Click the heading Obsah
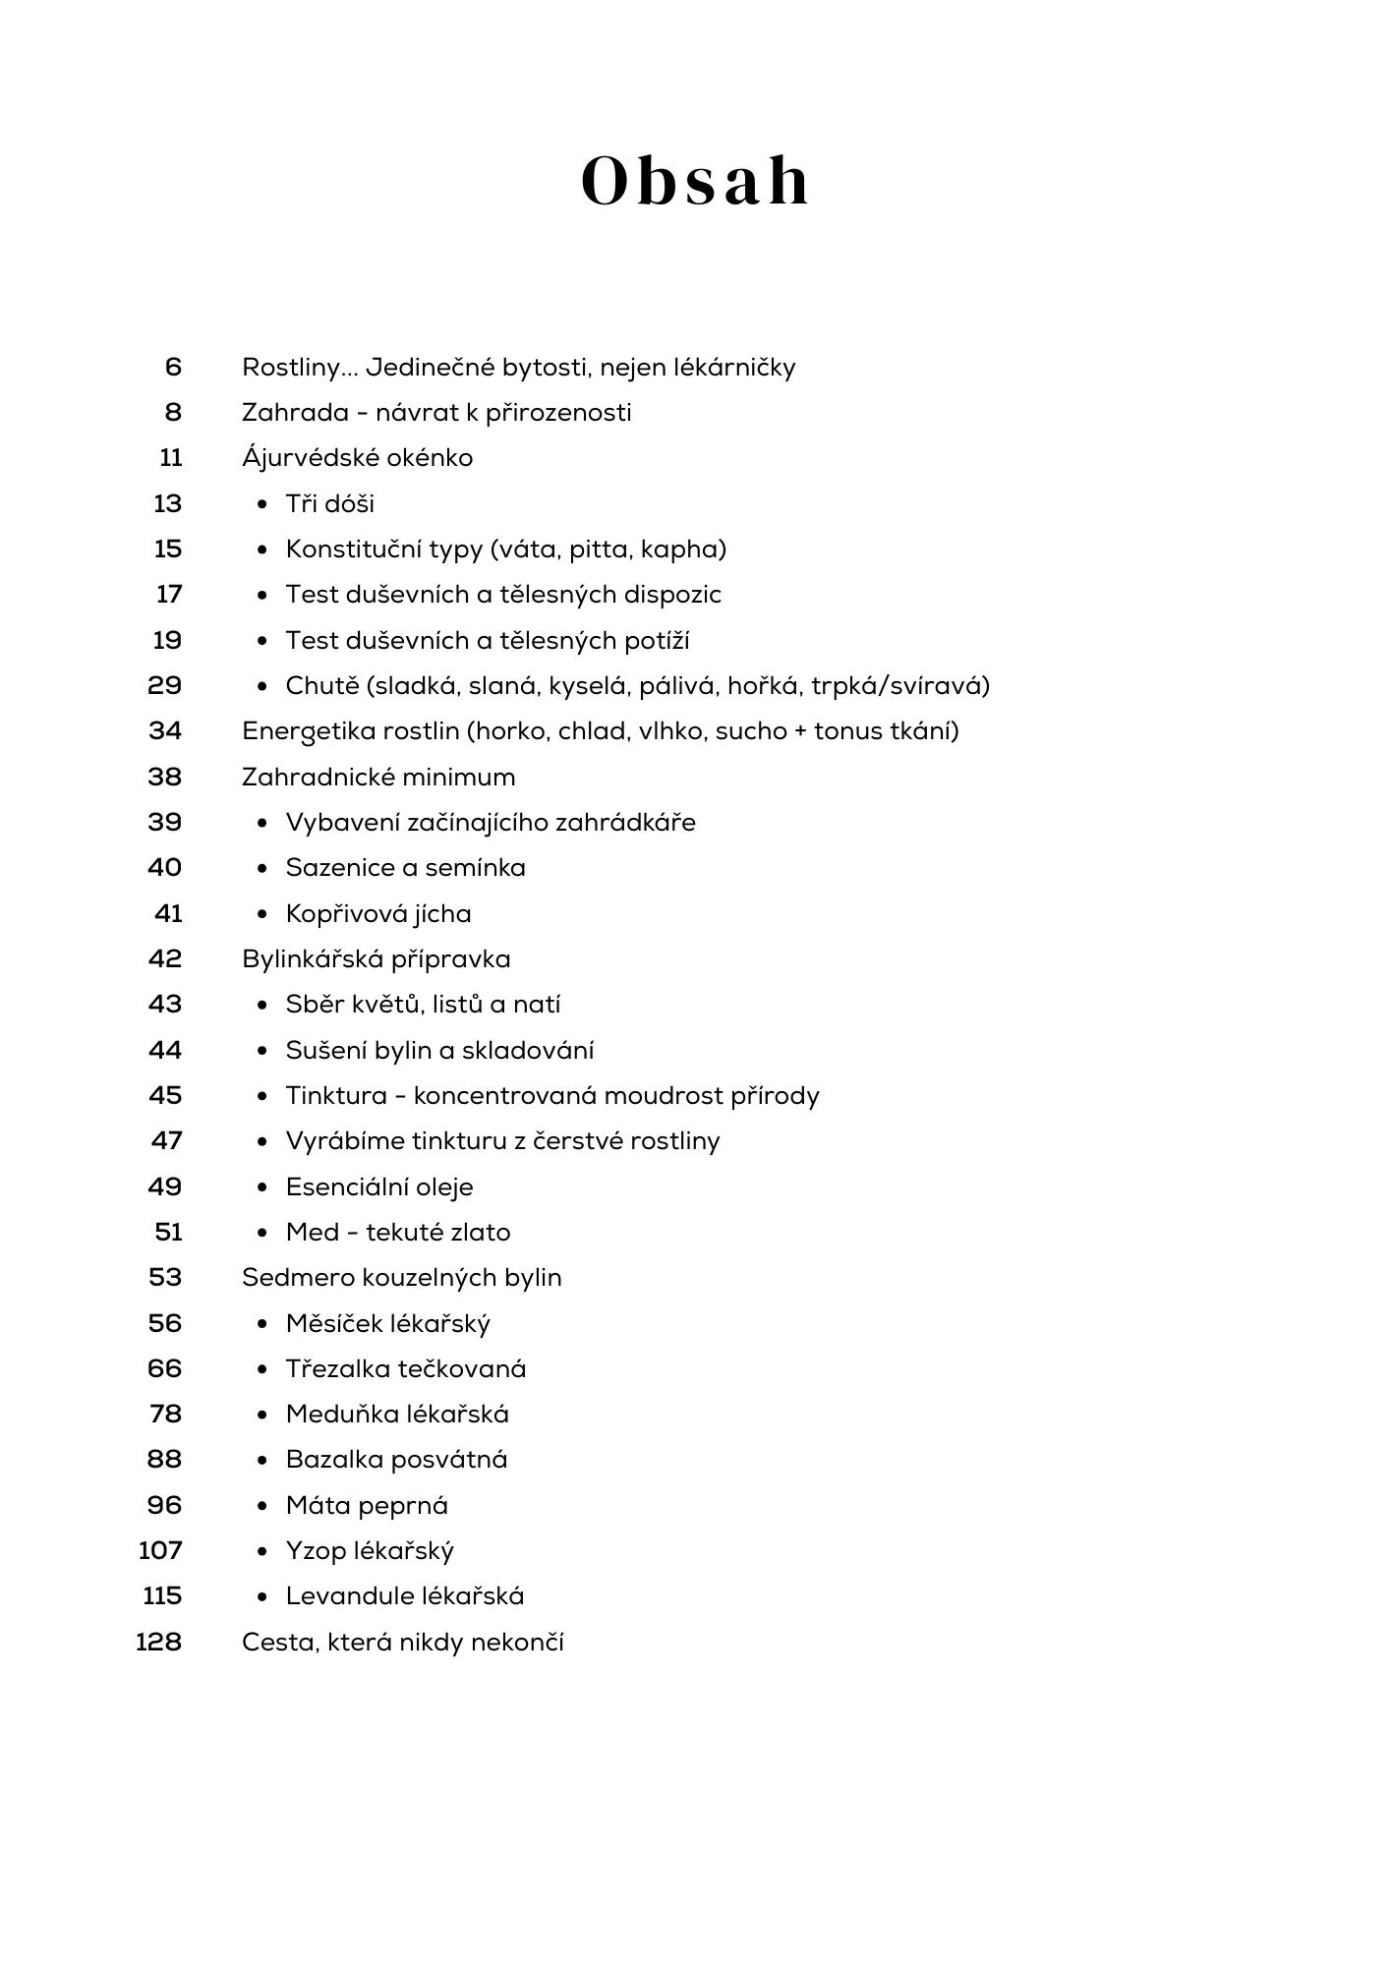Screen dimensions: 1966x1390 tap(695, 182)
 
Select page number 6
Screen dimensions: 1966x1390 tap(173, 368)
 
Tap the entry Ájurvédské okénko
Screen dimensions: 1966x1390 tap(357, 458)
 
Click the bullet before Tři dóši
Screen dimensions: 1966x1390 tap(262, 504)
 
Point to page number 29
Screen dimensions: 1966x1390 tap(164, 685)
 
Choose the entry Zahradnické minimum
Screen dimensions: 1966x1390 tap(378, 778)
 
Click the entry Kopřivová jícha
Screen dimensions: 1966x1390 tap(378, 914)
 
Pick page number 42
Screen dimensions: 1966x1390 tap(164, 959)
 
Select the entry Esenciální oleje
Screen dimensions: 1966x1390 tap(379, 1187)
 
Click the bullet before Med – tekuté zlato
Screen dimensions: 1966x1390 tap(262, 1233)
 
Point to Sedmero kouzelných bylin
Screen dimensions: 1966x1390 tap(401, 1278)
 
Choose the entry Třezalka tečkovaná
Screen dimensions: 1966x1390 tap(406, 1369)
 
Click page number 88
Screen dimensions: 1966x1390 tap(164, 1460)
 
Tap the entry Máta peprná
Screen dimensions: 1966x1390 tap(367, 1506)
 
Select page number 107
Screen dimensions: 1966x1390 tap(160, 1551)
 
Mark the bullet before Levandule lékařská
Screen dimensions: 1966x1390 tap(262, 1596)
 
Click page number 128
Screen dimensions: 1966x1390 tap(158, 1643)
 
